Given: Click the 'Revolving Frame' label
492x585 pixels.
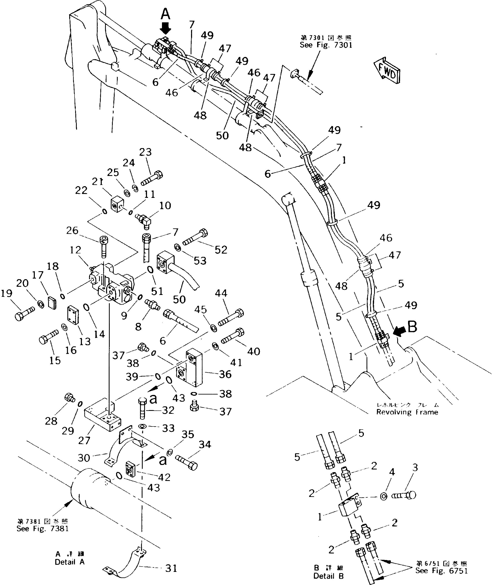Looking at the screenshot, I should coord(407,412).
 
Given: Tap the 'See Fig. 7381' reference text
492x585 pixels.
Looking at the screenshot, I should coord(42,529).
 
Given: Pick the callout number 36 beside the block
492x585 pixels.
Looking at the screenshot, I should coord(225,374).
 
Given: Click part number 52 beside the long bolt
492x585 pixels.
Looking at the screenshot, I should coord(221,250).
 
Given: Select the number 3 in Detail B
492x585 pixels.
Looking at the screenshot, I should coord(415,468).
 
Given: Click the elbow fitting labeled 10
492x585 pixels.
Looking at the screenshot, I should coord(145,221).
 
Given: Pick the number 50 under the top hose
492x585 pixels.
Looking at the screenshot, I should coord(222,136).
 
